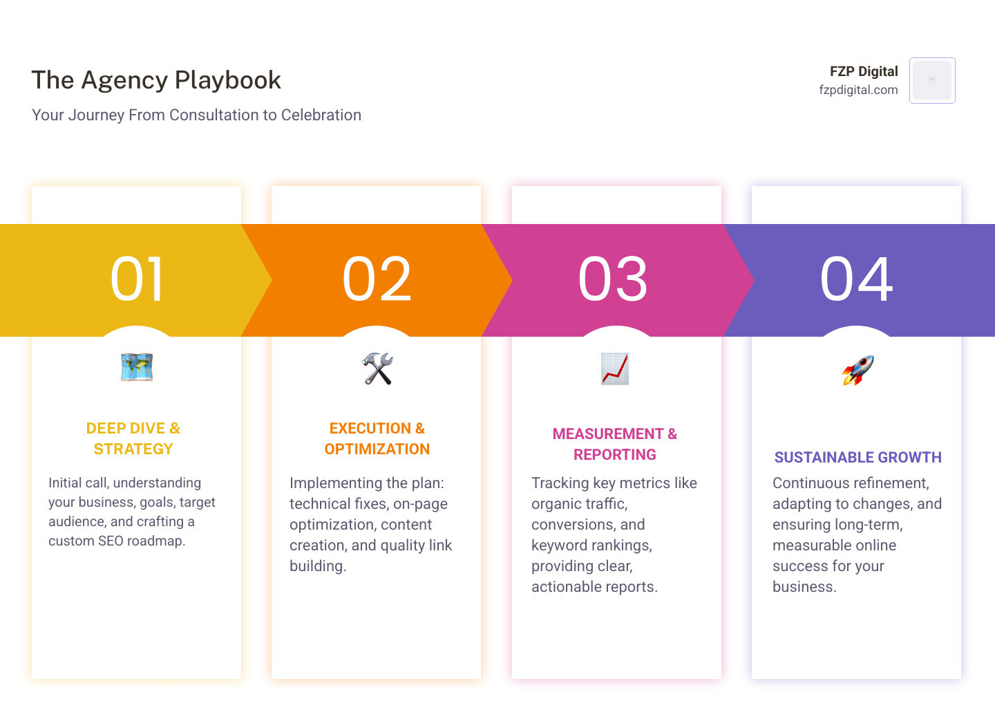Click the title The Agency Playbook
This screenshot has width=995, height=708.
(156, 80)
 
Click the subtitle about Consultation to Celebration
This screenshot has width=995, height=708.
(196, 115)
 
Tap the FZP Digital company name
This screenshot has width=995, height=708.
(864, 71)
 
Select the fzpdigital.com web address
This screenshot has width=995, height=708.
(858, 90)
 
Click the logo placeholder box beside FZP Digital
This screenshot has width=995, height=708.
(932, 80)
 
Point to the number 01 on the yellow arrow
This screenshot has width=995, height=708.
(137, 279)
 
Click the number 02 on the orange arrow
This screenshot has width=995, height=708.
(377, 279)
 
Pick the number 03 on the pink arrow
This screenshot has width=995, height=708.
(613, 279)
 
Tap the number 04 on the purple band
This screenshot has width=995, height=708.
(856, 279)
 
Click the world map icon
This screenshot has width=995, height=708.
(137, 368)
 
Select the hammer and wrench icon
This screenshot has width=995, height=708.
(377, 369)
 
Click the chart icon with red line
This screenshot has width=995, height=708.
(615, 369)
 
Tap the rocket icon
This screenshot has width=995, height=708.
(857, 370)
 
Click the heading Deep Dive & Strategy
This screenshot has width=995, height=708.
(133, 438)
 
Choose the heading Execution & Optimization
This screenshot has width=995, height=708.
(377, 438)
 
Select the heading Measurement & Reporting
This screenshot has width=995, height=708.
(615, 444)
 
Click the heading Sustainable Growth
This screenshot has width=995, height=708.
(857, 457)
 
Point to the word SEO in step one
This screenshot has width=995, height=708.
(111, 541)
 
